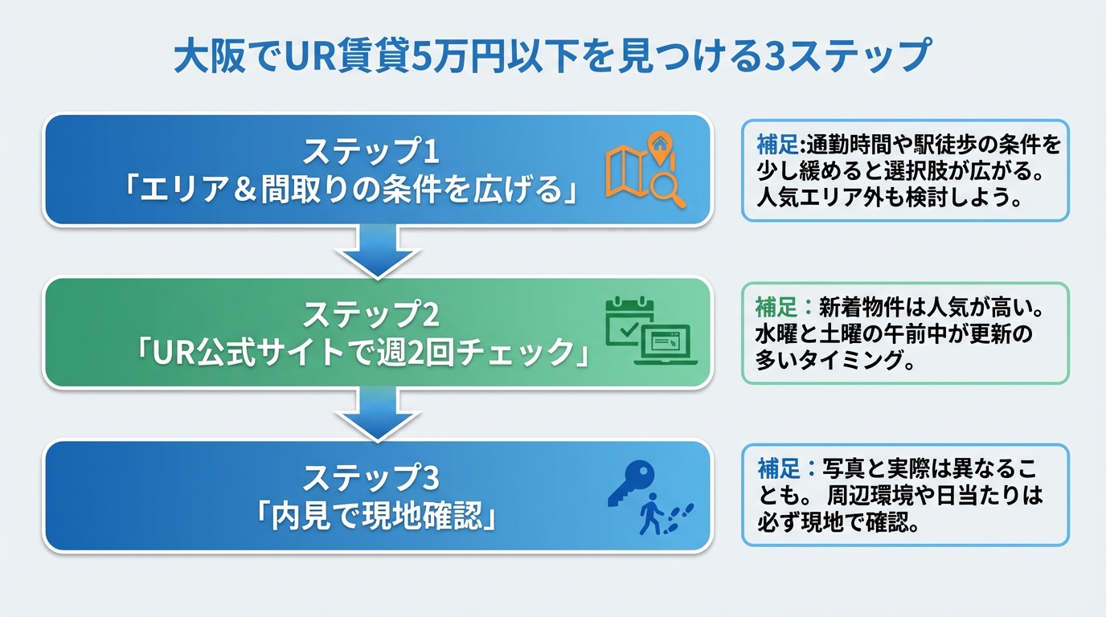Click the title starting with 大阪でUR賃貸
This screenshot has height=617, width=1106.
pos(552,56)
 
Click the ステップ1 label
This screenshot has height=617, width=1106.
pos(371,151)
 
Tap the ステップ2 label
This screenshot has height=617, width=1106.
pos(371,315)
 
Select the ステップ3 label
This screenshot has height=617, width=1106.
pos(371,479)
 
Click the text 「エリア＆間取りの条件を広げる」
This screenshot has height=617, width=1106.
pos(352,191)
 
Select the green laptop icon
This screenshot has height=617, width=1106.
pos(666,345)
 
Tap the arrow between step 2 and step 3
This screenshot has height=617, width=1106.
pos(378,415)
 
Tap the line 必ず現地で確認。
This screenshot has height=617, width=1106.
pos(838,522)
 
